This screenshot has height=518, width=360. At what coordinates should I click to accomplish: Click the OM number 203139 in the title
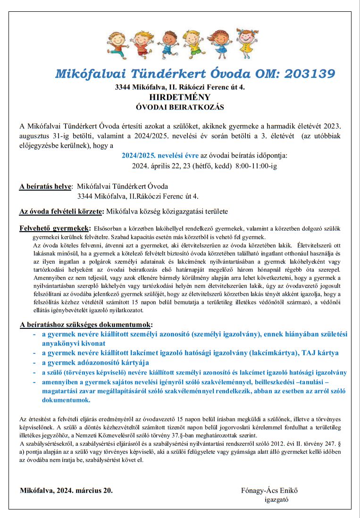pyautogui.click(x=305, y=74)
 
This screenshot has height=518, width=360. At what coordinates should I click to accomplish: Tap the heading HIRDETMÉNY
pyautogui.click(x=180, y=97)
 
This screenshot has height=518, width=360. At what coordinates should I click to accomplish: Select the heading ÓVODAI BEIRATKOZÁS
pyautogui.click(x=180, y=108)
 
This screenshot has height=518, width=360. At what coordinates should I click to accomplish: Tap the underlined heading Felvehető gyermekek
pyautogui.click(x=55, y=229)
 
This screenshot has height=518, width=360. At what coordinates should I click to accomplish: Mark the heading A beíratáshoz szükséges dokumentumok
pyautogui.click(x=86, y=325)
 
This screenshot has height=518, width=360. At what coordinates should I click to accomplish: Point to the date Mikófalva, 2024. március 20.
pyautogui.click(x=67, y=490)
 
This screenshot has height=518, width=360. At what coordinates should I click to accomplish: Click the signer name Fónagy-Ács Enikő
pyautogui.click(x=270, y=490)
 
